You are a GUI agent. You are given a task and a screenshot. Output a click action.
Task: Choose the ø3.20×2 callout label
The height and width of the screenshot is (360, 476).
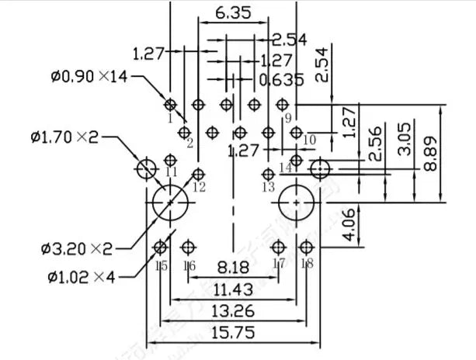coord(77,248)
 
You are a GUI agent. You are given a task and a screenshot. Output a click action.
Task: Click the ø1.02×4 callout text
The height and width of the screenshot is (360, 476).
coord(80,275)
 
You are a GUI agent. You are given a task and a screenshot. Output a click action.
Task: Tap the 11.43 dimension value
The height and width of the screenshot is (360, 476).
coord(233,289)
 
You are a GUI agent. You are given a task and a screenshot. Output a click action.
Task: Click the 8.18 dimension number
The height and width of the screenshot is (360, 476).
coord(233,268)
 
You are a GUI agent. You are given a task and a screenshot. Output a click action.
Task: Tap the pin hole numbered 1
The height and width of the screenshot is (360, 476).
coord(171,104)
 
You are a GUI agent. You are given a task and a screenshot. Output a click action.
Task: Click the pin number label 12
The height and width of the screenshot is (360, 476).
coord(199,187)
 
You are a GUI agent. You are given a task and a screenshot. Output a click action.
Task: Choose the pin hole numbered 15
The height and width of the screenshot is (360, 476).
coord(160,247)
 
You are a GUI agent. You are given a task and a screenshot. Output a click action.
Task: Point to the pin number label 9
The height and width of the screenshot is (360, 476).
coord(287,118)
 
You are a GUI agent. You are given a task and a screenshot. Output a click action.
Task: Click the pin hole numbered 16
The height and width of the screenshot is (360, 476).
coord(187,247)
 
